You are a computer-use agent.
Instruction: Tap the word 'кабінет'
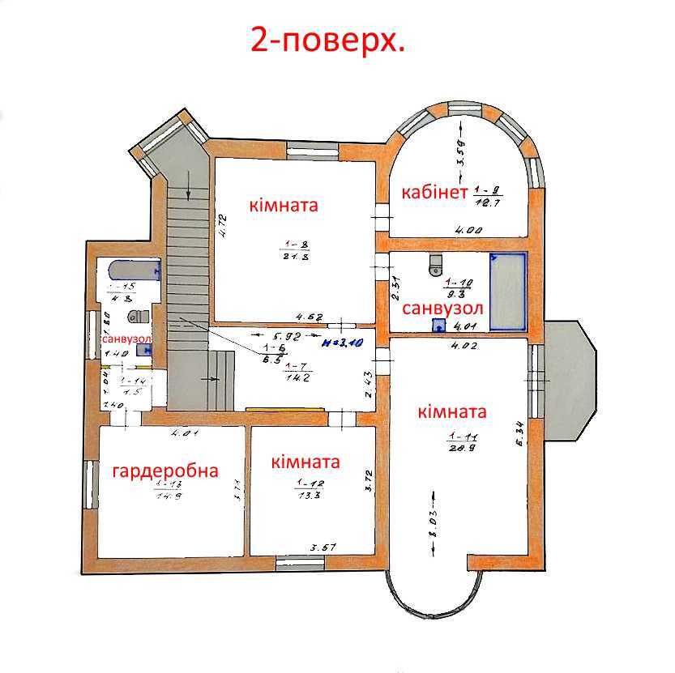(x=434, y=193)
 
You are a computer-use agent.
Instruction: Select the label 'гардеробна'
(x=165, y=471)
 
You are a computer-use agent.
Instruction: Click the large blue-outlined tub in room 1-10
(x=508, y=292)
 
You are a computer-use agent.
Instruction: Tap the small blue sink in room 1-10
(x=438, y=326)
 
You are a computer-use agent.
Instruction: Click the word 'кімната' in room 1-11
(x=452, y=411)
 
